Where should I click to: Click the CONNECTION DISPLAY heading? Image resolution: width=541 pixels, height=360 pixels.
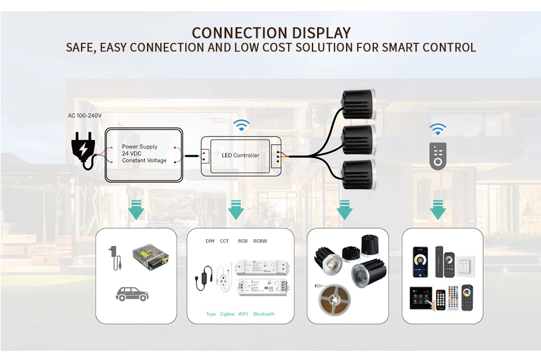(x=271, y=32)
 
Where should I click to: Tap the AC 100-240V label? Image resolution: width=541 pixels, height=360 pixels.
(x=84, y=116)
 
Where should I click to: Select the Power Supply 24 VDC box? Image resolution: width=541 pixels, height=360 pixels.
(x=144, y=154)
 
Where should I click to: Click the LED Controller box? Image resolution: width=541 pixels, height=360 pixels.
(x=241, y=155)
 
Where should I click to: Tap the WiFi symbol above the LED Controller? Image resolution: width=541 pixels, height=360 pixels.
(x=241, y=125)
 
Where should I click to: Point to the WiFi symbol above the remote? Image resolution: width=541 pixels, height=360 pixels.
(x=438, y=128)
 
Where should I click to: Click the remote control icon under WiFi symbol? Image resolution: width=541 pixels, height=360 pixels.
(x=438, y=155)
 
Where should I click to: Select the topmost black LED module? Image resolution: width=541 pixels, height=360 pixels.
(x=358, y=104)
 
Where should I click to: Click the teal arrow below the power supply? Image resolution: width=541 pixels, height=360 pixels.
(x=136, y=210)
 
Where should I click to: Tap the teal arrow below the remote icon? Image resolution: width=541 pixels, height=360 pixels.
(x=438, y=210)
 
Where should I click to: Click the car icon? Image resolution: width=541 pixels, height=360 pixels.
(x=132, y=293)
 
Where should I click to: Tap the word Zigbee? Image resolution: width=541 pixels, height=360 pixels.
(x=227, y=314)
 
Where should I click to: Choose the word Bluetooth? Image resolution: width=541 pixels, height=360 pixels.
(x=264, y=314)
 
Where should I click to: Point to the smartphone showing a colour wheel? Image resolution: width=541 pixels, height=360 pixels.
(x=420, y=262)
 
